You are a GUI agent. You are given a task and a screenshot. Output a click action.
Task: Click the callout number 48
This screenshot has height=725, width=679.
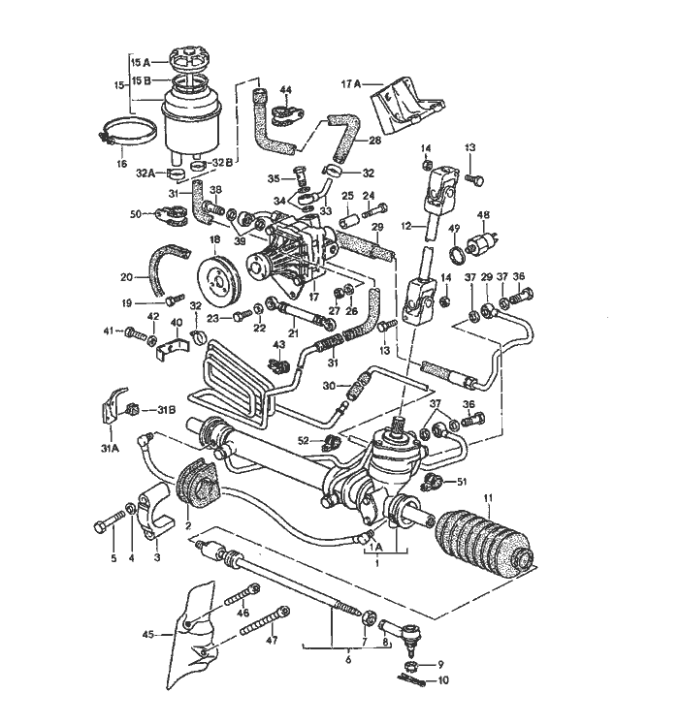tap(483, 214)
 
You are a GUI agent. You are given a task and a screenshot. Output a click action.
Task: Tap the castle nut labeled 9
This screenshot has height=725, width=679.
tap(410, 665)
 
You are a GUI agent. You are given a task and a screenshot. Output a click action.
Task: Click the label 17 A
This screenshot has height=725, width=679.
tap(350, 84)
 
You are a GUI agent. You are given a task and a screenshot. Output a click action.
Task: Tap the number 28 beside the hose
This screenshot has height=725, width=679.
tap(375, 140)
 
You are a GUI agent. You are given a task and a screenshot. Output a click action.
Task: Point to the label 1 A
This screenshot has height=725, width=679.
tap(376, 546)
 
